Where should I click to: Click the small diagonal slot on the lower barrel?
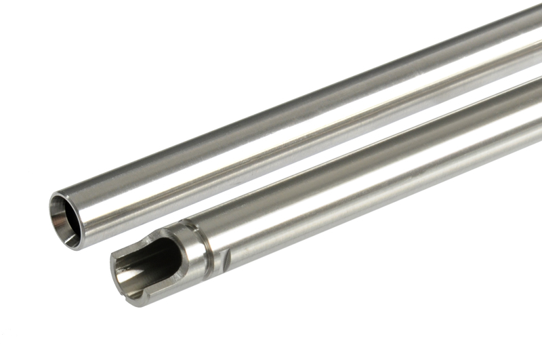[226, 257]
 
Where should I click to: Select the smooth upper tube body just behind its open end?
[108, 203]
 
